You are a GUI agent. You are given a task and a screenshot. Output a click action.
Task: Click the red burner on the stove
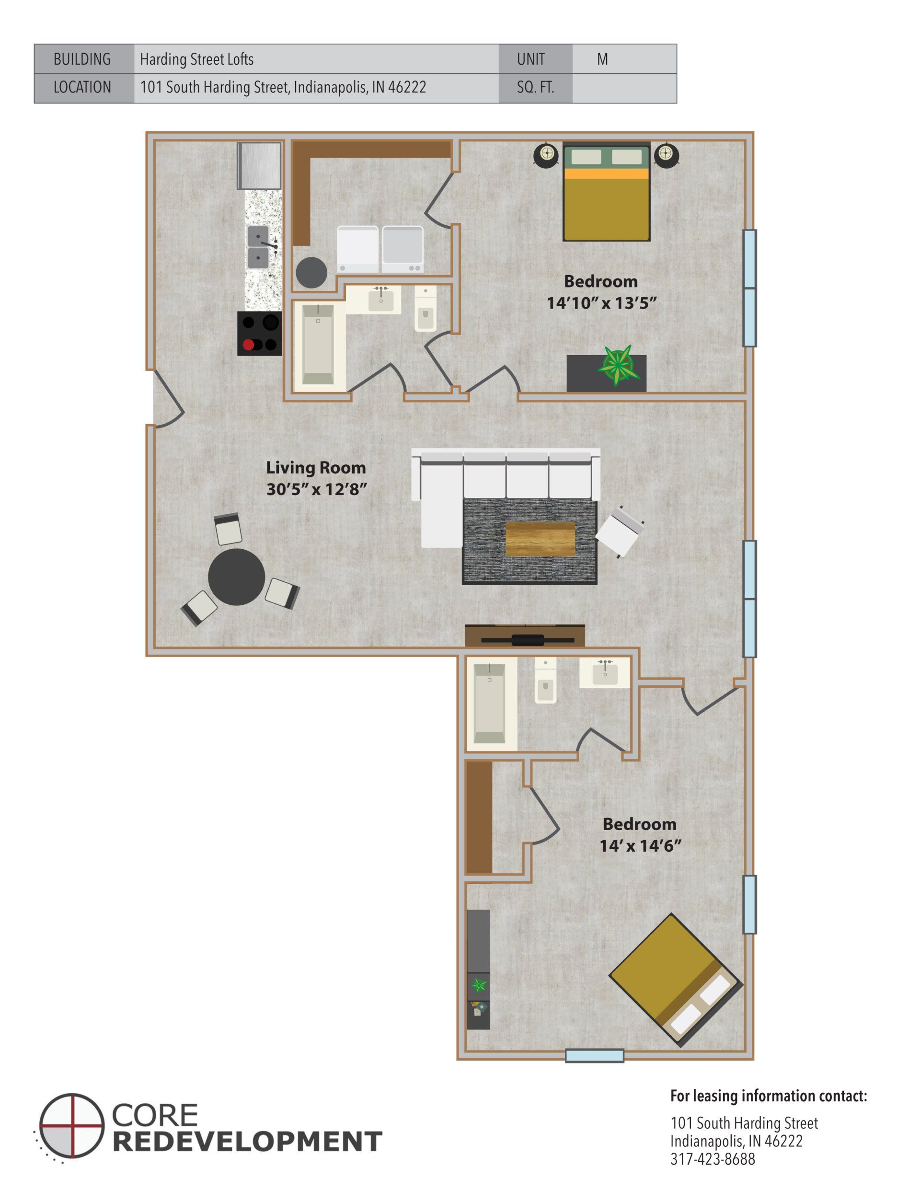click(x=249, y=345)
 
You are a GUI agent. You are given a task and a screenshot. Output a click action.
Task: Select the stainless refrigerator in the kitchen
click(x=260, y=165)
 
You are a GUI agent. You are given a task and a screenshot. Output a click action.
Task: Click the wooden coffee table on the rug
click(x=540, y=539)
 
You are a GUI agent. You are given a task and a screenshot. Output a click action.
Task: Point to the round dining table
click(x=236, y=577)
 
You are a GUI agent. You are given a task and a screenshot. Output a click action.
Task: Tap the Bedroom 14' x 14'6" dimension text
click(x=640, y=846)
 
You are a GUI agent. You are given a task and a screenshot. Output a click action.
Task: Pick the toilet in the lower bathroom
click(x=545, y=687)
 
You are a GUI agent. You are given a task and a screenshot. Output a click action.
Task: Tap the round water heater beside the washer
click(x=311, y=272)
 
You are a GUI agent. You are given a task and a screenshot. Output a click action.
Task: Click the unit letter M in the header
click(x=602, y=59)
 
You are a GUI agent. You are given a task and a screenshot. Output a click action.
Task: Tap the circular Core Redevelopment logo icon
click(x=71, y=1125)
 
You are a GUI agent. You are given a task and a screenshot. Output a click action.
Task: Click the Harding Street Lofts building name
click(x=197, y=59)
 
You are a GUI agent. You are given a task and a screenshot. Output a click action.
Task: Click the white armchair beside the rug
click(x=620, y=531)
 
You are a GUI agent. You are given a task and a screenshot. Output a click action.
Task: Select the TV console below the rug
click(x=525, y=636)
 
